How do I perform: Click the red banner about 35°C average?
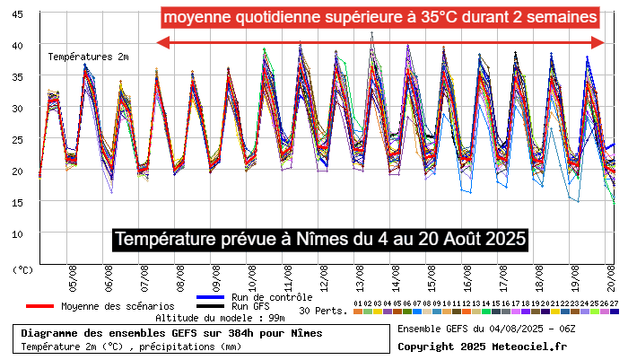click(x=381, y=17)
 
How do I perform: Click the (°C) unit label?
click(x=23, y=268)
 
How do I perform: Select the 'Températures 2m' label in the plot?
click(x=88, y=57)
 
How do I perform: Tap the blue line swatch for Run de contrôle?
click(x=209, y=296)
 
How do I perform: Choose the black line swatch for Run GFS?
click(x=209, y=306)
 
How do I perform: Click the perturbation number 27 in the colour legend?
click(x=614, y=304)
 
